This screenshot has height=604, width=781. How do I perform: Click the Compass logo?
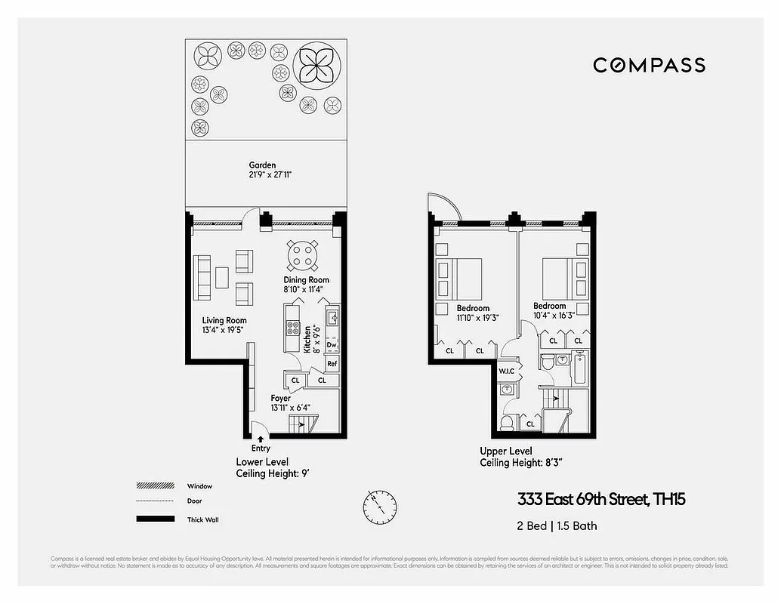pos(649,66)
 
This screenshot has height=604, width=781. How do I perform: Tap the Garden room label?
pos(263,165)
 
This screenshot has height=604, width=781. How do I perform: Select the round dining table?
pos(303,255)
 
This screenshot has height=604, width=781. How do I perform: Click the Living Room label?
pos(224,321)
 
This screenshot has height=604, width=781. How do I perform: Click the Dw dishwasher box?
pos(332,345)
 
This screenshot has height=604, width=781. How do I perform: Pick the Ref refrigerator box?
pos(332,363)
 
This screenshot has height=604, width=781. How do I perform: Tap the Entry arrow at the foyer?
pos(260,438)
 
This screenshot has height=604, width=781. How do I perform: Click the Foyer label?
pos(281,399)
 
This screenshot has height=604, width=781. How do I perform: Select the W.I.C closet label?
pos(506,371)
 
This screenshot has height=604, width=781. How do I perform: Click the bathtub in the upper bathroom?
pos(579,369)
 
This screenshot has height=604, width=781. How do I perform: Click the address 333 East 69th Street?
pos(600,500)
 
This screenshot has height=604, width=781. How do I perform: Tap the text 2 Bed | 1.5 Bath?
pos(557,526)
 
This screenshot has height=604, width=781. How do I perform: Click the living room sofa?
pos(202,277)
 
